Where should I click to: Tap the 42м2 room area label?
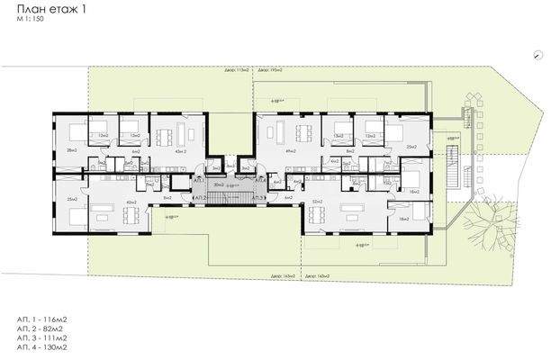pos(131,202)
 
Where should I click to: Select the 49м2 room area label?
pos(291,151)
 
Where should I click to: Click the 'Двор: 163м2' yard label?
pos(282,275)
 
